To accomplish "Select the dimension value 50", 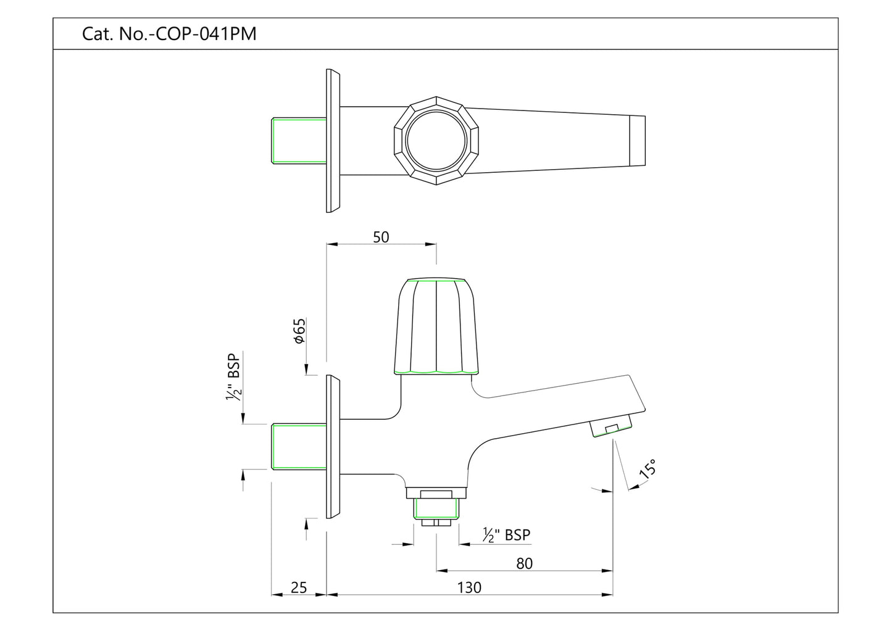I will pyautogui.click(x=381, y=237).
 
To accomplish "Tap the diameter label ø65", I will pyautogui.click(x=299, y=331).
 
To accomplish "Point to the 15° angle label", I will pyautogui.click(x=648, y=470).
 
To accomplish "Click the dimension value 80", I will pyautogui.click(x=523, y=563).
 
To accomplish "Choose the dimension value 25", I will pyautogui.click(x=298, y=587).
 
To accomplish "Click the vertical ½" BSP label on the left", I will pyautogui.click(x=233, y=378).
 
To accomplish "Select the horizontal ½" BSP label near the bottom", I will pyautogui.click(x=506, y=535).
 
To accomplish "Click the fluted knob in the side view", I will pyautogui.click(x=436, y=327).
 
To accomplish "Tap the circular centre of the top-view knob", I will pyautogui.click(x=436, y=141).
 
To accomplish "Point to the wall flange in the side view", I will pyautogui.click(x=333, y=447).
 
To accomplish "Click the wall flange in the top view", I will pyautogui.click(x=333, y=141).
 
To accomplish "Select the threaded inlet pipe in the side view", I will pyautogui.click(x=299, y=447).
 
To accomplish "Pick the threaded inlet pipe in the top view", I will pyautogui.click(x=299, y=141).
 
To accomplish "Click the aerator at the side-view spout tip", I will pyautogui.click(x=611, y=426).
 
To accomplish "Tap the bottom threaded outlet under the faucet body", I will pyautogui.click(x=436, y=509).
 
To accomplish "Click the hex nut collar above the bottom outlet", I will pyautogui.click(x=436, y=492).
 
